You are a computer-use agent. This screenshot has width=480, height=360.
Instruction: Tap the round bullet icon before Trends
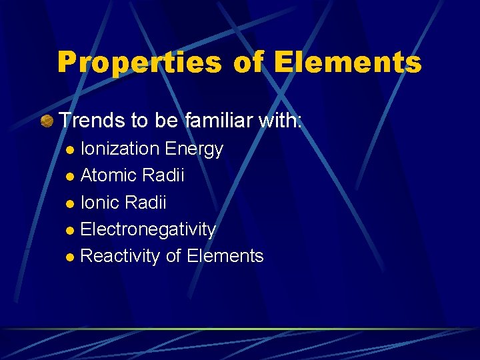pos(47,121)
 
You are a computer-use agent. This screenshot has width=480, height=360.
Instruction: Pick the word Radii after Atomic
pos(163,175)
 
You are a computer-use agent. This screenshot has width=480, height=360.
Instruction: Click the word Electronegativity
pos(148,229)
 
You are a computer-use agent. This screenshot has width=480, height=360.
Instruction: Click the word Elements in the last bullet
pos(225,256)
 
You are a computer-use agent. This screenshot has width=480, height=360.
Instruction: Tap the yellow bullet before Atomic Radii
pos(71,177)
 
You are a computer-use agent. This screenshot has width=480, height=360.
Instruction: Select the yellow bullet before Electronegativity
pos(71,231)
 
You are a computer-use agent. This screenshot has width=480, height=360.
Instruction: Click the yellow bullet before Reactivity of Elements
pos(71,257)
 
